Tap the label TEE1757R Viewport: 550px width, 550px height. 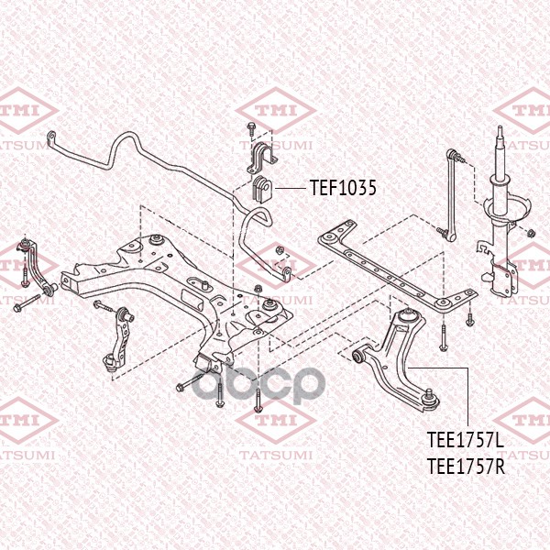click(467, 466)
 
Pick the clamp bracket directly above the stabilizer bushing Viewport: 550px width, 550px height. click(258, 157)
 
